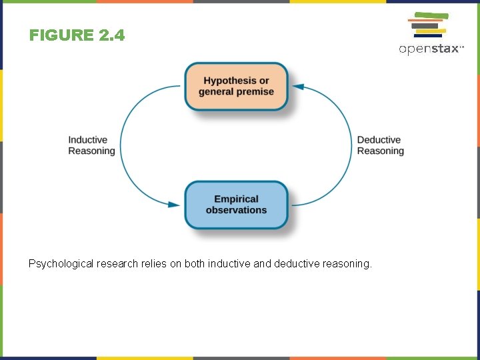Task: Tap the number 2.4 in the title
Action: [x=111, y=35]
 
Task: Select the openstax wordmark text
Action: [x=430, y=49]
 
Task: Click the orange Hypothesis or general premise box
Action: [x=236, y=86]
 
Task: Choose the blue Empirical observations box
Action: [x=236, y=205]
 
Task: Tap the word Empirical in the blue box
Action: [x=236, y=199]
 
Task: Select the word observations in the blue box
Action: [x=236, y=210]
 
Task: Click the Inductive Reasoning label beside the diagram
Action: [x=91, y=145]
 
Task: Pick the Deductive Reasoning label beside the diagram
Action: [x=380, y=145]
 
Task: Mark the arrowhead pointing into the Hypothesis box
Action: [x=298, y=87]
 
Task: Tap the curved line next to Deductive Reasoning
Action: [x=351, y=145]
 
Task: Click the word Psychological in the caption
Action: [x=61, y=264]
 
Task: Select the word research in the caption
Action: [x=117, y=264]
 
